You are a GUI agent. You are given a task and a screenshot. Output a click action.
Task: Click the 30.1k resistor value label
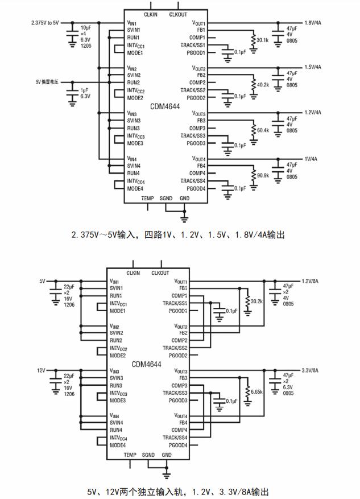pyautogui.click(x=263, y=40)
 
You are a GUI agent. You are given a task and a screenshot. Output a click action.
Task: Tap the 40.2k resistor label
pyautogui.click(x=263, y=85)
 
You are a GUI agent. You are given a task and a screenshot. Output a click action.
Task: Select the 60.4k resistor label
pyautogui.click(x=263, y=130)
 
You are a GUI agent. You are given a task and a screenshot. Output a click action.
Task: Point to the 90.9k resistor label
pyautogui.click(x=263, y=175)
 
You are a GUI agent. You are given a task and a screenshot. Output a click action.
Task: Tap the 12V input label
pyautogui.click(x=42, y=370)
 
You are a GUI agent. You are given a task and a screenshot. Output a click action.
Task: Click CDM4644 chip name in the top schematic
pyautogui.click(x=165, y=106)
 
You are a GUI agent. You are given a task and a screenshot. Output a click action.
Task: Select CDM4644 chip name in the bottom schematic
pyautogui.click(x=147, y=364)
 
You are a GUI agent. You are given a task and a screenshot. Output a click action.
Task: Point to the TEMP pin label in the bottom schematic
pyautogui.click(x=130, y=455)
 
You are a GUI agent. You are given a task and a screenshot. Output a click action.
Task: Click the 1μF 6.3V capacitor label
pyautogui.click(x=85, y=93)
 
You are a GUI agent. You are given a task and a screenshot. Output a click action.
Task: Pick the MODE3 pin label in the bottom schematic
pyautogui.click(x=118, y=401)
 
